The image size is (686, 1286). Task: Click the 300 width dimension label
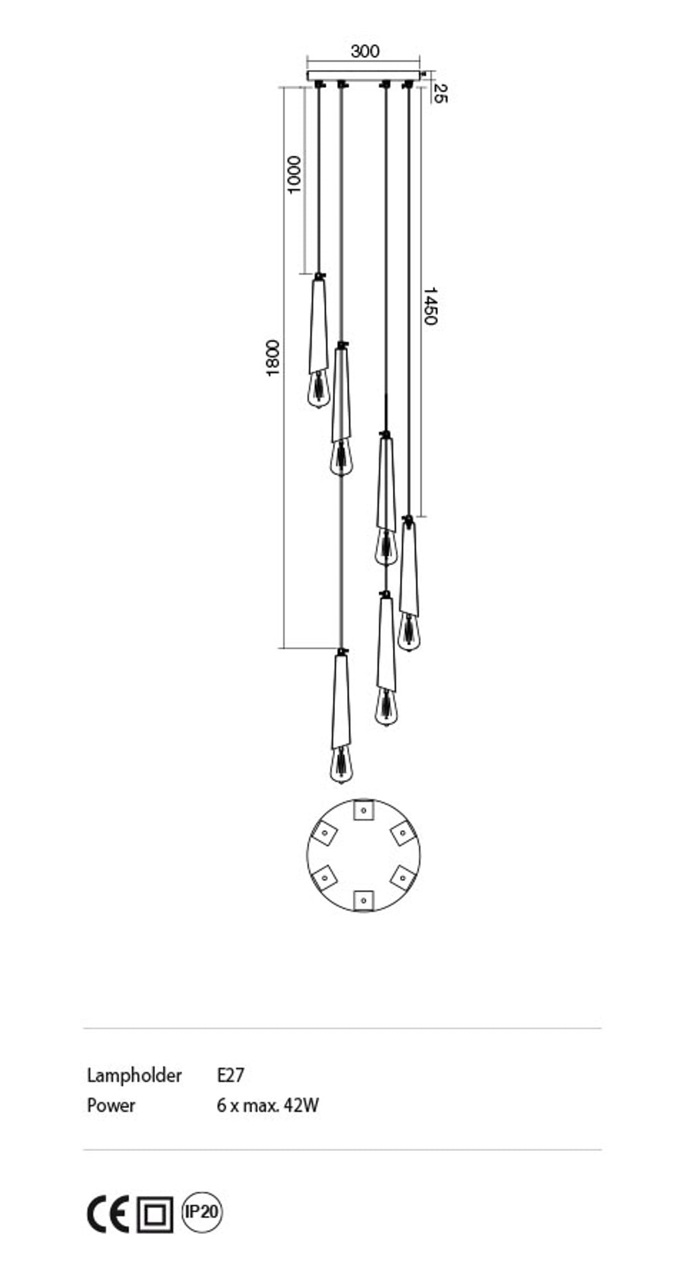click(x=365, y=51)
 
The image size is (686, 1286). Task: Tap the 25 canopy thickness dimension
click(x=440, y=93)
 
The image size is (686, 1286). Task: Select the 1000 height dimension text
click(x=293, y=174)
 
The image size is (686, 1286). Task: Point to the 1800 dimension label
click(x=273, y=358)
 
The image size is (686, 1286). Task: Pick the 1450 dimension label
click(x=430, y=306)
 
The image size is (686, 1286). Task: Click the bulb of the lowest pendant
click(x=341, y=765)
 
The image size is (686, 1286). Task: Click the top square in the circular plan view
click(x=363, y=810)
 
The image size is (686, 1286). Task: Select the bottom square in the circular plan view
click(x=363, y=900)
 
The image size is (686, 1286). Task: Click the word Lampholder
click(x=134, y=1075)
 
